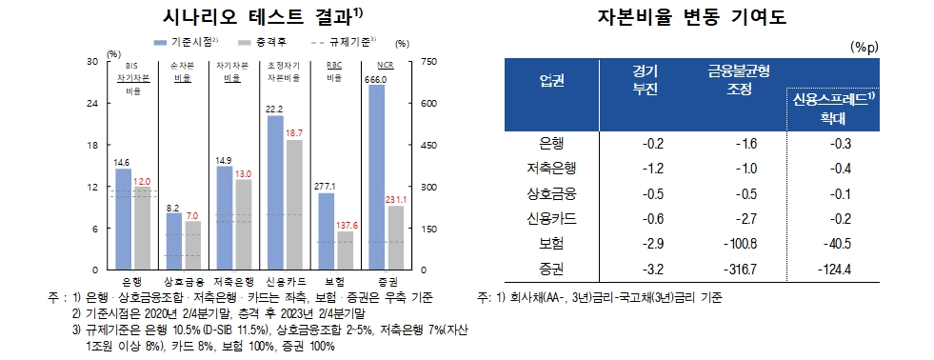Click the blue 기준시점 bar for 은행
tap(123, 219)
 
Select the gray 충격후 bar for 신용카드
tap(294, 205)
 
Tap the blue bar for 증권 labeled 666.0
tap(376, 177)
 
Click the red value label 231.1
tap(395, 200)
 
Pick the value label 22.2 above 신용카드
tap(276, 110)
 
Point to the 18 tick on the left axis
tap(93, 145)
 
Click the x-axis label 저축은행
tap(235, 283)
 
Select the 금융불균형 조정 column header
tap(739, 79)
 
